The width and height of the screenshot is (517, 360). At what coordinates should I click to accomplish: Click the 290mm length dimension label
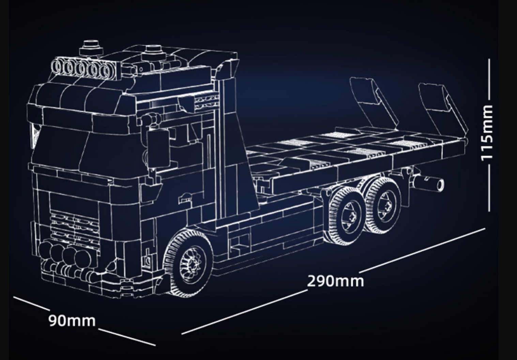coord(335,281)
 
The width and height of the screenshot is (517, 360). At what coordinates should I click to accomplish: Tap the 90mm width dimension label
coord(72,320)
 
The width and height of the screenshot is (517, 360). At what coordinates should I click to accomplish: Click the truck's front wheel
coord(188,263)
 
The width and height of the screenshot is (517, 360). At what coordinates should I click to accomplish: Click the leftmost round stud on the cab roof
coord(91,48)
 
